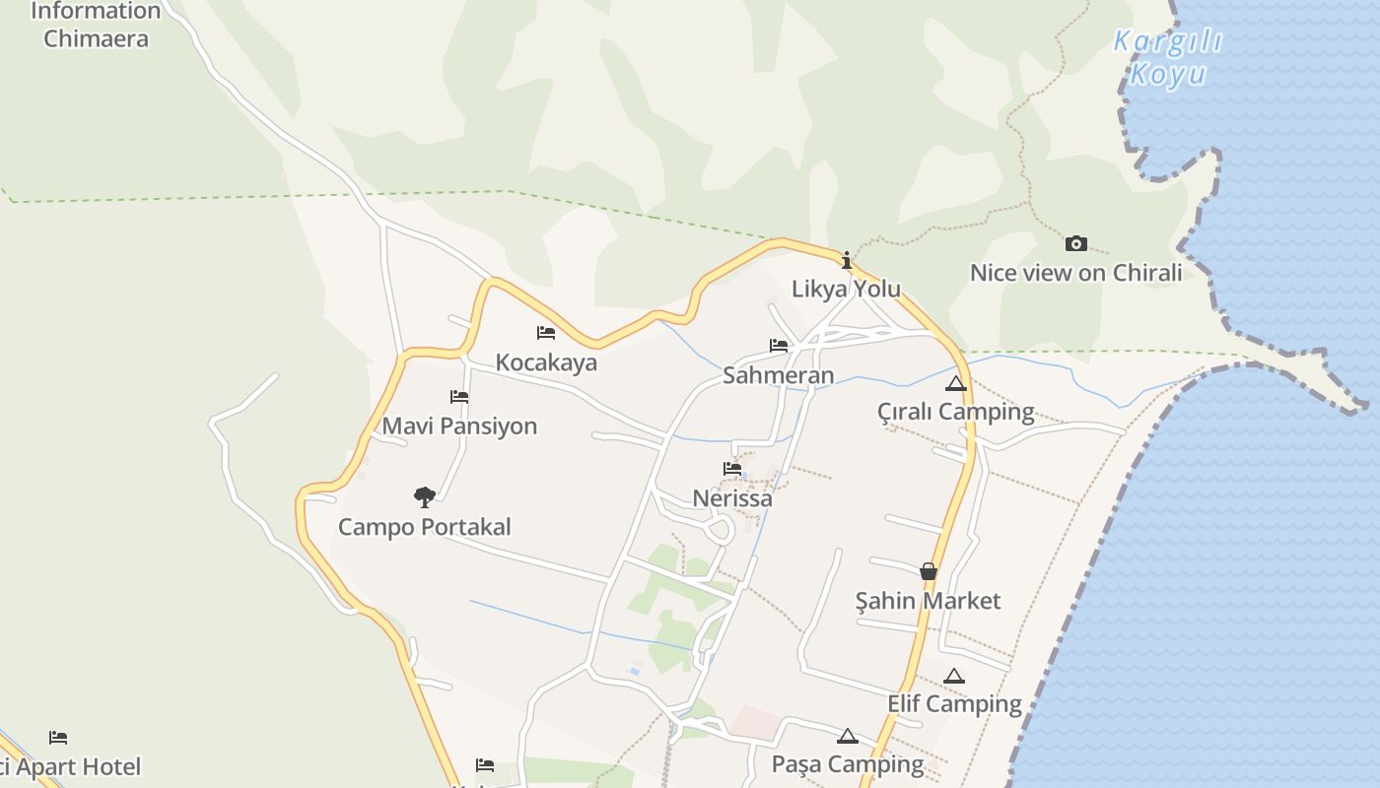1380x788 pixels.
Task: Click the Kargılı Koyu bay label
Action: (x=1167, y=57)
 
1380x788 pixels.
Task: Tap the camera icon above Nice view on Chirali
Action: (x=1076, y=243)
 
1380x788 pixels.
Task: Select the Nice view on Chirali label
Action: (x=1075, y=273)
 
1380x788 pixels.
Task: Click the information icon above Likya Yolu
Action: (x=846, y=260)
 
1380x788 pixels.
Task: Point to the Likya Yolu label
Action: (x=846, y=289)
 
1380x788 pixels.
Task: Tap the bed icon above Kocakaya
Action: (x=546, y=333)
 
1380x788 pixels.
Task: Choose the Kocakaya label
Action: (x=546, y=362)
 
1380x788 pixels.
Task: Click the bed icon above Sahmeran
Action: (x=779, y=346)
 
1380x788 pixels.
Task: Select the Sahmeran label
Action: (x=778, y=375)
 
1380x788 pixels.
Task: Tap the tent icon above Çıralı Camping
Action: (x=955, y=383)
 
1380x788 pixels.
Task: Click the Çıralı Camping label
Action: (x=955, y=412)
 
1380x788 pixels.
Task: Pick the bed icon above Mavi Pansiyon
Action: (x=459, y=397)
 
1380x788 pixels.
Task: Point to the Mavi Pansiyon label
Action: (x=459, y=427)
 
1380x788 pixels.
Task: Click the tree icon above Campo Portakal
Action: (x=424, y=496)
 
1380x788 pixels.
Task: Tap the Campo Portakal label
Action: (x=424, y=527)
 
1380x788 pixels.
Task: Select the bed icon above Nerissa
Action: (x=732, y=469)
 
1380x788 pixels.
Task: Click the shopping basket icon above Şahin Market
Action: (x=928, y=571)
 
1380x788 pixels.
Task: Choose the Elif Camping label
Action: (x=954, y=704)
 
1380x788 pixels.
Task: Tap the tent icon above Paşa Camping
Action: (x=848, y=736)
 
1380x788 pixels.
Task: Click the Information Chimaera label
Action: (x=96, y=26)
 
